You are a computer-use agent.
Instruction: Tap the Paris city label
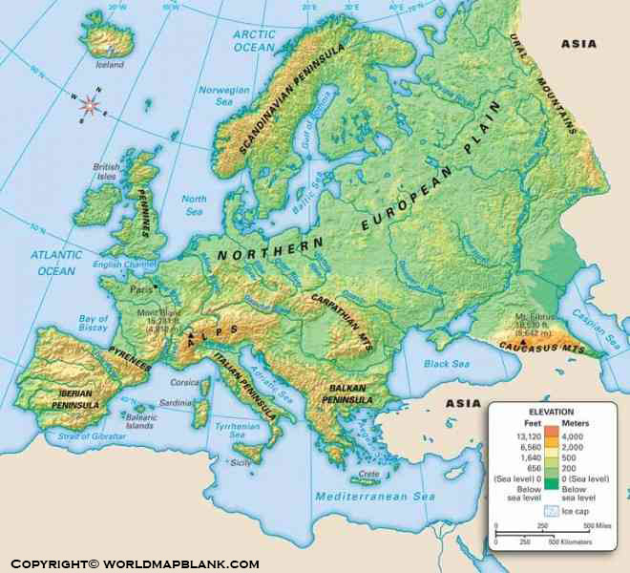[141, 286]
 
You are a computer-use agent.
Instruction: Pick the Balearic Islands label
[138, 421]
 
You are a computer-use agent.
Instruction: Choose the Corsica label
[184, 381]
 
